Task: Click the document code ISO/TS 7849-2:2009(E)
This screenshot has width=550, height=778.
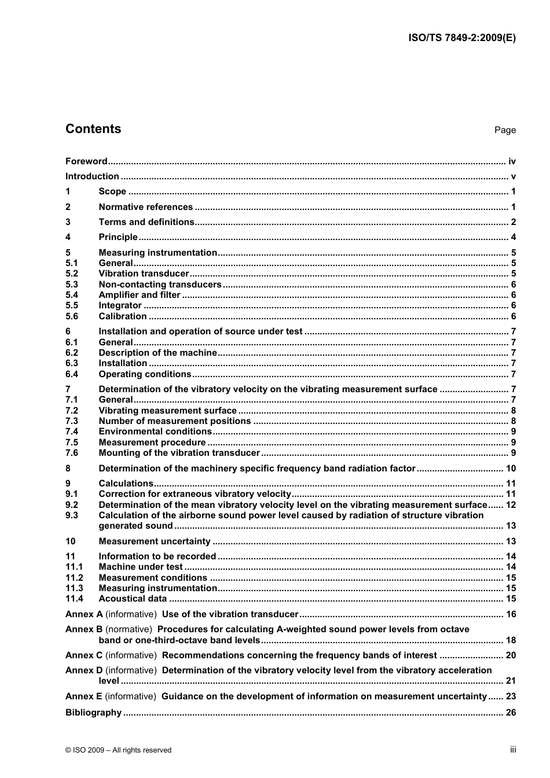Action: point(461,38)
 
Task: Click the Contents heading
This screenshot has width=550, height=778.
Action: point(93,129)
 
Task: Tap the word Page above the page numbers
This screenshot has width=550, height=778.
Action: point(505,130)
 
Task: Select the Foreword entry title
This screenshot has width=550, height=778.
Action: point(86,161)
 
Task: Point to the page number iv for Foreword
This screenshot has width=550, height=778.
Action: point(512,161)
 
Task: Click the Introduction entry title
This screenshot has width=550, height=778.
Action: point(92,176)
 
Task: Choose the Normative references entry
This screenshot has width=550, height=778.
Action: point(145,207)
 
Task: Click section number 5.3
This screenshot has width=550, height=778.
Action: point(72,285)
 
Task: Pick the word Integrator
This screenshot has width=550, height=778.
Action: point(120,305)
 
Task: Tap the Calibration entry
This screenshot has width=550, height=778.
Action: point(122,316)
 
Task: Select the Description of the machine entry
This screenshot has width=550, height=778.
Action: point(157,353)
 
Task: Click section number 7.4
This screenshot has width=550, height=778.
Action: point(72,432)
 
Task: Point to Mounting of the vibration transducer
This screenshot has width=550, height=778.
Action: point(179,453)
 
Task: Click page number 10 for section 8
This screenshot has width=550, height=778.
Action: point(511,469)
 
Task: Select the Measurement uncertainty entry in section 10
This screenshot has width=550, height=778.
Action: point(155,541)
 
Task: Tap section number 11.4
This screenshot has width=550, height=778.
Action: point(74,599)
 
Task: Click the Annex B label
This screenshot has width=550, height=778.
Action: point(84,629)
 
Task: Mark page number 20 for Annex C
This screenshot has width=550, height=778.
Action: point(511,655)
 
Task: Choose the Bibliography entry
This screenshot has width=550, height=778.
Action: point(93,713)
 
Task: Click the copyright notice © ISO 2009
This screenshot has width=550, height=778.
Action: point(118,750)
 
